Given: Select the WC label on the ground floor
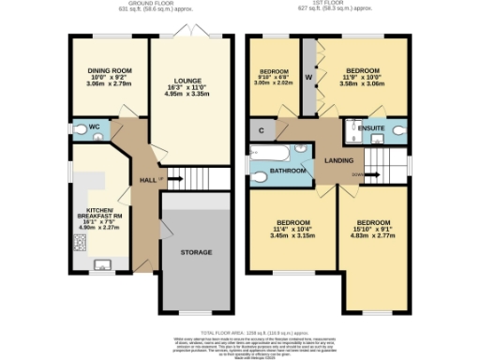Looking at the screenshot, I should [x=94, y=128].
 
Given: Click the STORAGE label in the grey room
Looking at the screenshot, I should [x=195, y=252].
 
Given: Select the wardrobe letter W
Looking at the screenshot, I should [x=308, y=78].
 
